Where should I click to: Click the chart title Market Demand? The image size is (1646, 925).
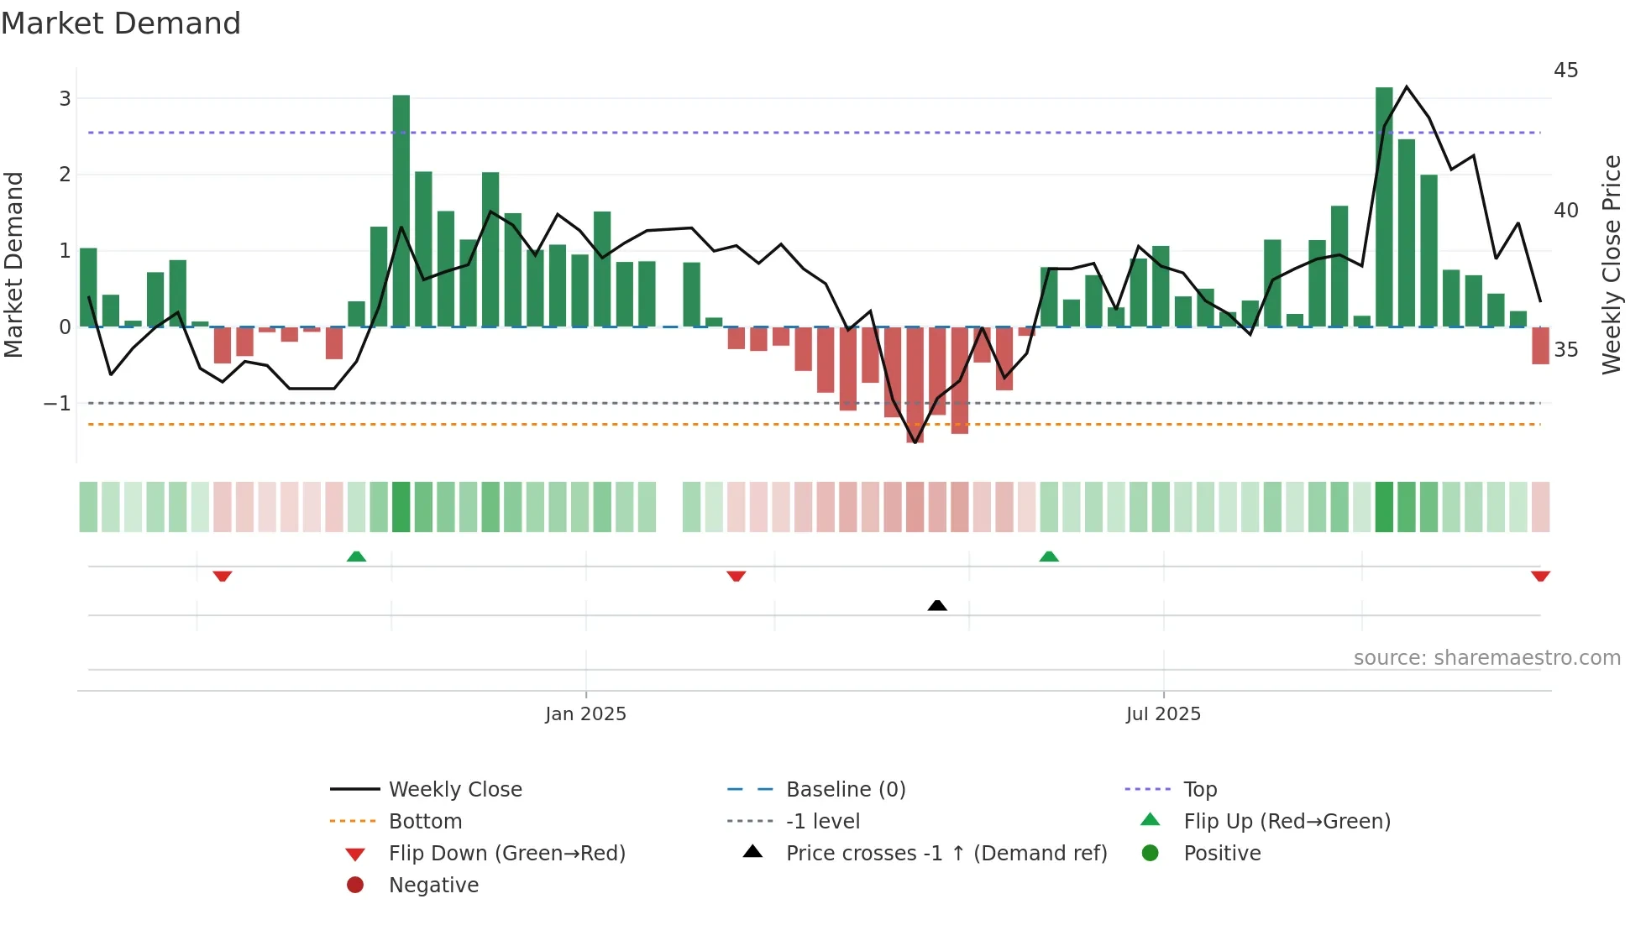click(121, 24)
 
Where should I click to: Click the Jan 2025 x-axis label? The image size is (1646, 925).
click(585, 714)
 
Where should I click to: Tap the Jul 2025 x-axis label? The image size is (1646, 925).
click(1163, 714)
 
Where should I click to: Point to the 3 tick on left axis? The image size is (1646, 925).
click(65, 99)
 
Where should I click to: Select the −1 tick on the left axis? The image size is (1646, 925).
click(57, 404)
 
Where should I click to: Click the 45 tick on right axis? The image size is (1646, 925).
click(1565, 71)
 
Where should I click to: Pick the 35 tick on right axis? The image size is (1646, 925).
click(1565, 350)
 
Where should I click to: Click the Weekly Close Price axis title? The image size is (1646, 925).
click(1611, 264)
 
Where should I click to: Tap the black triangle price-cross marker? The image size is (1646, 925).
click(937, 605)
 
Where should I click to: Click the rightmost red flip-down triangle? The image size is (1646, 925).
click(1540, 576)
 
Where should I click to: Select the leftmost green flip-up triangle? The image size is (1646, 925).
click(356, 557)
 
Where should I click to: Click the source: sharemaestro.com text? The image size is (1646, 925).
click(1486, 658)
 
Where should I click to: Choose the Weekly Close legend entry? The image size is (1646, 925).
click(454, 790)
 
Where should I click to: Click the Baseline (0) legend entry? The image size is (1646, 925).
click(845, 790)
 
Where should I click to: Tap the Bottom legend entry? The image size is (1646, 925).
click(425, 822)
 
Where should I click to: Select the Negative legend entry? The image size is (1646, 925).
click(433, 886)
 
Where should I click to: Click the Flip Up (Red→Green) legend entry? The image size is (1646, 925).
click(1287, 822)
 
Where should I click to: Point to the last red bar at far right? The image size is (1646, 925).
click(1540, 345)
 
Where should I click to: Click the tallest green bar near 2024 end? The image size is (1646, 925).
click(401, 210)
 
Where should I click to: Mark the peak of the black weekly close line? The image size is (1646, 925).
click(1407, 86)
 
